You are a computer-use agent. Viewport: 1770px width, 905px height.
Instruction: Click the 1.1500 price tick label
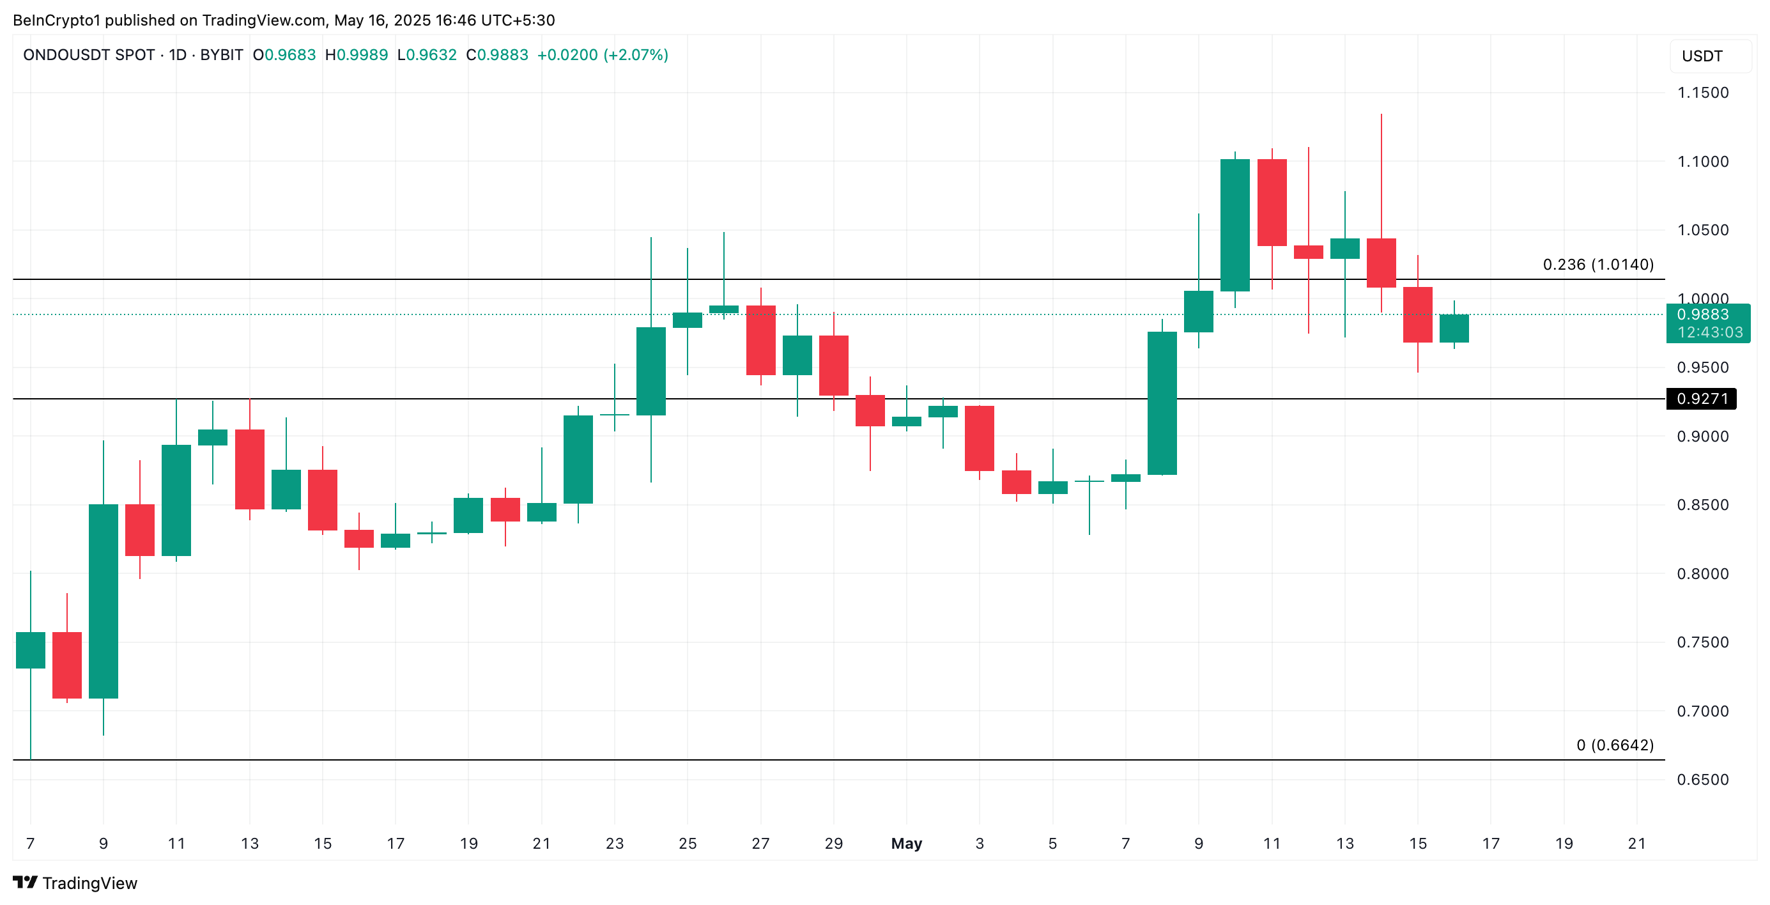pos(1702,93)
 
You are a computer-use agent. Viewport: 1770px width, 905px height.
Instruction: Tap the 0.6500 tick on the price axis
pos(1702,779)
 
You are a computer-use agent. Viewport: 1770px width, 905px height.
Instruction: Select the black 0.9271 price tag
pos(1701,399)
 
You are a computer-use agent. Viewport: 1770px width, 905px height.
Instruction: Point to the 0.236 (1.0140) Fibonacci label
pos(1597,265)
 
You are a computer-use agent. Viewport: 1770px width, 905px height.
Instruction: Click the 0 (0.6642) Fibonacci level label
pos(1614,745)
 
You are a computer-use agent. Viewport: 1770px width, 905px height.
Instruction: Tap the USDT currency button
pos(1702,56)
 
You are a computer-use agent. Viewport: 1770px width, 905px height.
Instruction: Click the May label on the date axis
pos(905,843)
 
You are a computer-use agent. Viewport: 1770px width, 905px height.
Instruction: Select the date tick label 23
pos(614,843)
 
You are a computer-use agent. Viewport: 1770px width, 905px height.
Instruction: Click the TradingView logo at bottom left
pos(75,883)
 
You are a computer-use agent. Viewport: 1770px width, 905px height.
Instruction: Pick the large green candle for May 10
pos(1235,226)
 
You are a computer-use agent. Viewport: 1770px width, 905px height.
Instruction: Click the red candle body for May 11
pos(1272,202)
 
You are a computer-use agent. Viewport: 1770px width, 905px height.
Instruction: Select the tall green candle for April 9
pos(103,601)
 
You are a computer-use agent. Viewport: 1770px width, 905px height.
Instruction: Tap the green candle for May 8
pos(1162,403)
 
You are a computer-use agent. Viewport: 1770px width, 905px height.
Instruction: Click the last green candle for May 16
pos(1454,329)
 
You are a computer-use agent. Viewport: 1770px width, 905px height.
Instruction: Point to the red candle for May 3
pos(979,438)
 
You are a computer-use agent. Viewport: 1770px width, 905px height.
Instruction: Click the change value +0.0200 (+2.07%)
pos(602,55)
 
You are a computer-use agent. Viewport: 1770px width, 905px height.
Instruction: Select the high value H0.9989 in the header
pos(356,55)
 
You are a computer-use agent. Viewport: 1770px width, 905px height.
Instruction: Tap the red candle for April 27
pos(760,340)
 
